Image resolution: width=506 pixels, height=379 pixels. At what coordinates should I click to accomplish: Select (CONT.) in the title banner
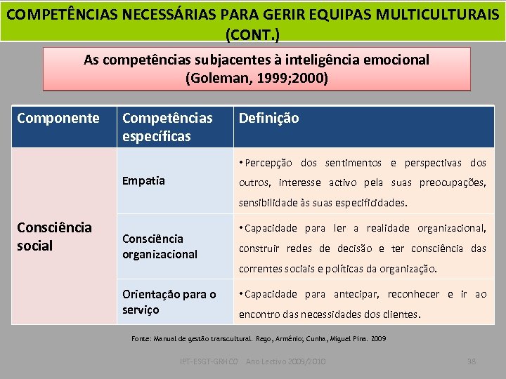tap(252, 33)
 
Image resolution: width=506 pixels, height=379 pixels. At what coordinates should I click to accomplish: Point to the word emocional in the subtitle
tap(396, 60)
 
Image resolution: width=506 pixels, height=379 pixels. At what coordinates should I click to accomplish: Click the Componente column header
tap(58, 118)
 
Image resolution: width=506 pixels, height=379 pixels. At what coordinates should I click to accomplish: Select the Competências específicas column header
tap(167, 126)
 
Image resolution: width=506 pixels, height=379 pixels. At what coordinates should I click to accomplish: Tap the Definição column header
tap(268, 118)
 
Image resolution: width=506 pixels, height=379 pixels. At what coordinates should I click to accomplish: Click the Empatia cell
tap(143, 180)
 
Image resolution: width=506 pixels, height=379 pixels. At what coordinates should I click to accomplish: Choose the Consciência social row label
tap(54, 236)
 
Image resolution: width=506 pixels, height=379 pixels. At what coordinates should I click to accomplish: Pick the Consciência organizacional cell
tap(160, 246)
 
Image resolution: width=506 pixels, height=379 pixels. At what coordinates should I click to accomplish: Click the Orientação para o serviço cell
tap(169, 302)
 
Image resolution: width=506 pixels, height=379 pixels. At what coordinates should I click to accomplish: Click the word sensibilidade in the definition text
tap(271, 203)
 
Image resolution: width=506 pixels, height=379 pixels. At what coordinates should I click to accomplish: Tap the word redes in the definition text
tap(298, 248)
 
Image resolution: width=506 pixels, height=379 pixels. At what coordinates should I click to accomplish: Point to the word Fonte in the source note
tap(141, 338)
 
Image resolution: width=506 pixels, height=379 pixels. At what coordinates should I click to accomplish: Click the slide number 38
tap(472, 361)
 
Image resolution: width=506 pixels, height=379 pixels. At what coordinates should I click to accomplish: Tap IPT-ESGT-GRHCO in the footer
tap(209, 361)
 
